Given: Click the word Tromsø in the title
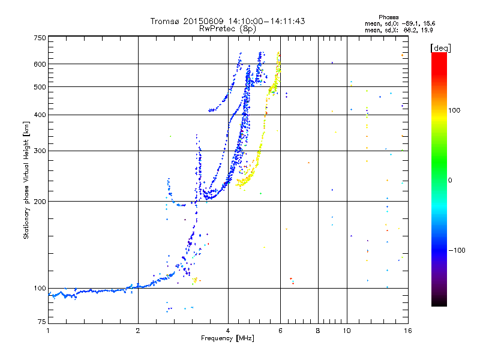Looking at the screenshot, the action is [166, 21].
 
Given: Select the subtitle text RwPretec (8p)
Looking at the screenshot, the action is [227, 29].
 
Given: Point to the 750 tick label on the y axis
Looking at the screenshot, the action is [40, 38].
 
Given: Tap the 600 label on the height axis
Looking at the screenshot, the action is [40, 64].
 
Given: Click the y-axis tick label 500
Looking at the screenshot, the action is [40, 87].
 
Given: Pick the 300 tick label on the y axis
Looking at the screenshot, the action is [40, 151].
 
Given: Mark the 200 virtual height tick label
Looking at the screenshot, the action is [40, 202].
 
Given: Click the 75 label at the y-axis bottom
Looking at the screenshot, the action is [41, 322].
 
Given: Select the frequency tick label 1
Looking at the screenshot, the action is [48, 331].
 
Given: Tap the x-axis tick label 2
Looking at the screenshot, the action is [138, 331].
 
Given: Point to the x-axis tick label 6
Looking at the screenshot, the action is [280, 331].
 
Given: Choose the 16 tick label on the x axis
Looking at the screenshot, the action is [408, 331].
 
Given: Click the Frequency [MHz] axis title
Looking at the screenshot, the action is [227, 338].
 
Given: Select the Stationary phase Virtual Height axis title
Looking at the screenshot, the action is [26, 181].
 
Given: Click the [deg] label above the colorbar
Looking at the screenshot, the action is [440, 48].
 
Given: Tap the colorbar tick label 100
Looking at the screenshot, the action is [454, 110].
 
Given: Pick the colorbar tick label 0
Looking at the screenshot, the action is [450, 181].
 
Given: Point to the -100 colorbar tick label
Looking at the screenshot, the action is [457, 250].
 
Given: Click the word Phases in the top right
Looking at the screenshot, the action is [388, 17].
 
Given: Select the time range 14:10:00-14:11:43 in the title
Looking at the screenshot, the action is [266, 21].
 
